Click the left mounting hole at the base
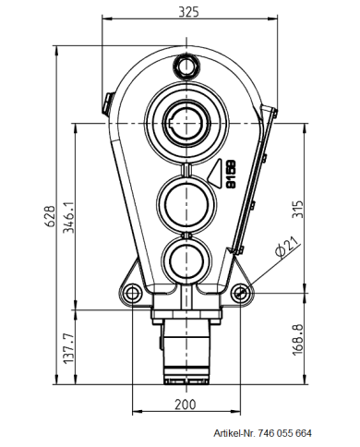[133, 294]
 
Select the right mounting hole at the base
[241, 294]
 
